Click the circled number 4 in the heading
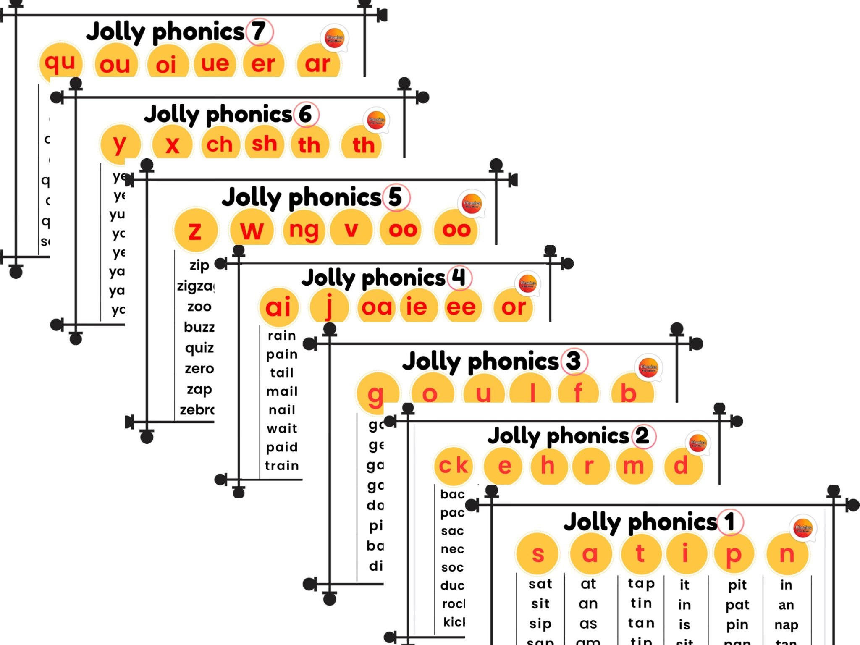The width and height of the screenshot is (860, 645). click(459, 278)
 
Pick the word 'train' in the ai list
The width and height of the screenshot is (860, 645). click(282, 466)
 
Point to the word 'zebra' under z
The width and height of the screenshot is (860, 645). click(197, 410)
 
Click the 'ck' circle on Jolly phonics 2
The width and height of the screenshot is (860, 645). click(453, 466)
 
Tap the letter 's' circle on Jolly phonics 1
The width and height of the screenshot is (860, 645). click(537, 554)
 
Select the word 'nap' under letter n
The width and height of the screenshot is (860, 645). click(786, 625)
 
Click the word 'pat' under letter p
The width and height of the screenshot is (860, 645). click(737, 605)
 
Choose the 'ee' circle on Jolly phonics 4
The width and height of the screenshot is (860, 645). click(461, 307)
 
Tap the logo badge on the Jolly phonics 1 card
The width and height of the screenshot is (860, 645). click(803, 528)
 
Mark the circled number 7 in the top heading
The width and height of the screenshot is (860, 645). click(259, 31)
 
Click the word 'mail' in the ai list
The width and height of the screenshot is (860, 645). click(282, 391)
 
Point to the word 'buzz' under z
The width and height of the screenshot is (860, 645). click(199, 327)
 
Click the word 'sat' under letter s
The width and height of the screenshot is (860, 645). click(540, 584)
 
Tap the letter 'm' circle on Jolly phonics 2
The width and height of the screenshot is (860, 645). click(633, 466)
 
